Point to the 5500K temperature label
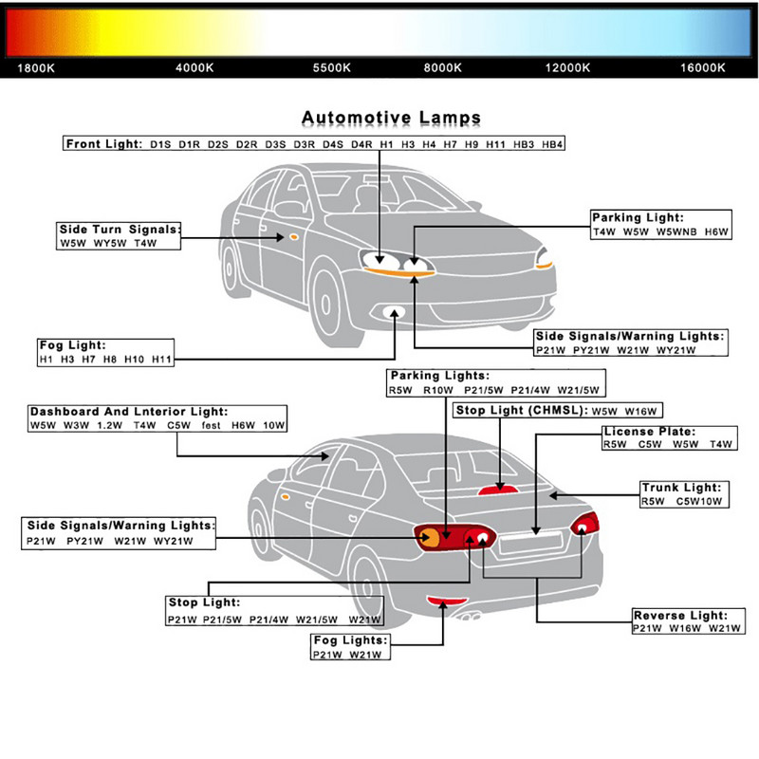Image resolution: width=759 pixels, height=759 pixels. [x=332, y=68]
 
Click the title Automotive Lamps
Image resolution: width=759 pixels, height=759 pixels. [x=391, y=119]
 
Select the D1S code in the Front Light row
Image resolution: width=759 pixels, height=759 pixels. [x=160, y=144]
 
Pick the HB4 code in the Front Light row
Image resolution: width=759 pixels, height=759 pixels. [x=552, y=144]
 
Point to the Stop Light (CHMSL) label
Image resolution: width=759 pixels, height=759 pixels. [x=520, y=411]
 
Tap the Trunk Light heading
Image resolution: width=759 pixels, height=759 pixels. [x=688, y=488]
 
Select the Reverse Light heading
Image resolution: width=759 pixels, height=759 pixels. [x=681, y=616]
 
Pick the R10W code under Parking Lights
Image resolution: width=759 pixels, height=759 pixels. [x=437, y=390]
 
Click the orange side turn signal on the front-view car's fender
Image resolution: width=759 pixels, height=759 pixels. [x=293, y=234]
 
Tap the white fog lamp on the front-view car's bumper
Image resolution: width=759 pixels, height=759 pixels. [x=390, y=314]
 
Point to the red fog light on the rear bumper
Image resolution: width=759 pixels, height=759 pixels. [x=444, y=601]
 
